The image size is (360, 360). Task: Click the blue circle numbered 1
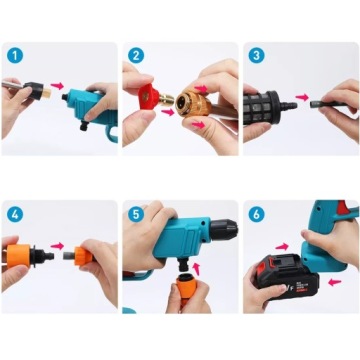point(15,56)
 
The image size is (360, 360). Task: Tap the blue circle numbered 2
point(136,56)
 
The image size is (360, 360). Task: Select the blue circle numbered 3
point(256,56)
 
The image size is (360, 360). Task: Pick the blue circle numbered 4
point(15,215)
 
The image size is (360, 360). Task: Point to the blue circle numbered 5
point(136,215)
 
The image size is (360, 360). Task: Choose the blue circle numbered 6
point(256,215)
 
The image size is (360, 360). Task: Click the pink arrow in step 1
point(57,86)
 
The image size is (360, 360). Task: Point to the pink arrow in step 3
point(302,97)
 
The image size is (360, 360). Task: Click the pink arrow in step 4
point(57,246)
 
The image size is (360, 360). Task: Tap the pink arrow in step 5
point(197,269)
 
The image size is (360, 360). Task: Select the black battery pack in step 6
point(287,277)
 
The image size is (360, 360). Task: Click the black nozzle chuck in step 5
point(224,229)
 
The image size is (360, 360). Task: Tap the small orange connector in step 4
point(82,256)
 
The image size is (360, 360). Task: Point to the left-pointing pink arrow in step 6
point(335,282)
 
